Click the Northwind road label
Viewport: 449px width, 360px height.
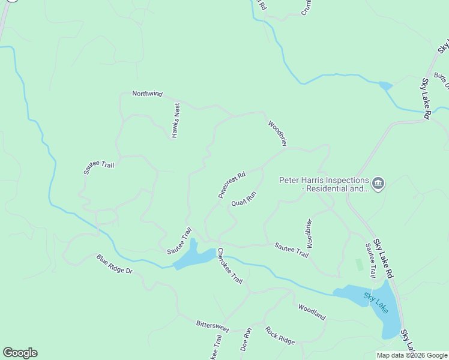[148, 94]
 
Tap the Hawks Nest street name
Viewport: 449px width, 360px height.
[176, 120]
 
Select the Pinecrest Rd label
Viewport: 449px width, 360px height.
[232, 185]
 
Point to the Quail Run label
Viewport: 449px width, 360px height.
[244, 199]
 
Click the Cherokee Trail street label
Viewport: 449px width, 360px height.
[230, 266]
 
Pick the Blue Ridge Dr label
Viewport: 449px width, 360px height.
[114, 264]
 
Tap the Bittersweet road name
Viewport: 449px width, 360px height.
[212, 326]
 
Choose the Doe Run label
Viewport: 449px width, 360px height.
[246, 339]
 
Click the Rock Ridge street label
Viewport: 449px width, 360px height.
[280, 335]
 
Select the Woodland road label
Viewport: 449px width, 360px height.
[312, 312]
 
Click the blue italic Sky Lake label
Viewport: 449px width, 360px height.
[376, 302]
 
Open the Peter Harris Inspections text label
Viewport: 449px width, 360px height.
[324, 184]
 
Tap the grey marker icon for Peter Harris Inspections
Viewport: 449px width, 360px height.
[378, 183]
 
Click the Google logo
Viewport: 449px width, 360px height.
[20, 353]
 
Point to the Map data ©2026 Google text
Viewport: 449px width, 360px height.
[412, 355]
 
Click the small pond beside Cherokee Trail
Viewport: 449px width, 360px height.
[194, 256]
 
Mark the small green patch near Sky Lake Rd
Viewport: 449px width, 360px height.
[360, 264]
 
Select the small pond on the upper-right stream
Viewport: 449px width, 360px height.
[385, 86]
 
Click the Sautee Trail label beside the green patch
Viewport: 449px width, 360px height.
[371, 260]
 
